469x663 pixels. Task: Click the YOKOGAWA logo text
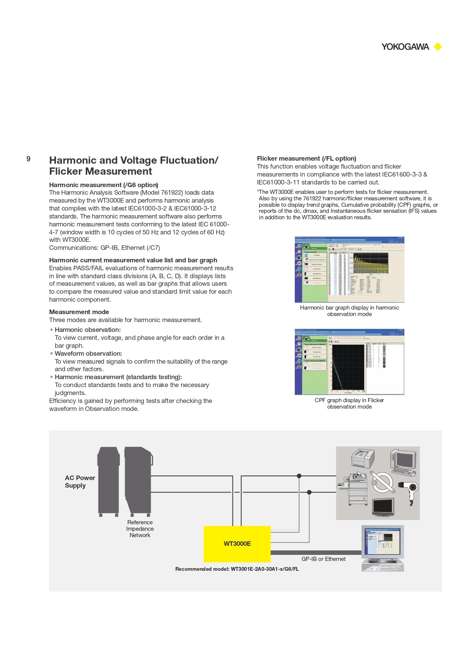405,47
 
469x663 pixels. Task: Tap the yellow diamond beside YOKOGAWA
438,47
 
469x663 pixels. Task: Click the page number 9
28,159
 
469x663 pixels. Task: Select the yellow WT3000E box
237,544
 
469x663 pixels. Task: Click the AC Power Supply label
80,482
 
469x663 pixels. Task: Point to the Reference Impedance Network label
140,528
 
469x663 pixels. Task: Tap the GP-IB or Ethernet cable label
323,559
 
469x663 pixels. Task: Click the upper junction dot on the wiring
299,476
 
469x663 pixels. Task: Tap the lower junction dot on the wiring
309,492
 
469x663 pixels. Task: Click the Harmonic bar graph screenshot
349,270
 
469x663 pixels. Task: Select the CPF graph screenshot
349,362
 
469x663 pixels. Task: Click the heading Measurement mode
79,312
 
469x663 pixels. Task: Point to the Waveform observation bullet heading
88,353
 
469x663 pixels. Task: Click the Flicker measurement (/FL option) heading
306,158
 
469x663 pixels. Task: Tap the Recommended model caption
237,569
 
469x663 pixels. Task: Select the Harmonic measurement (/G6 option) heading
104,185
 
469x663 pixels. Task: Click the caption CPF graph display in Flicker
349,400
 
